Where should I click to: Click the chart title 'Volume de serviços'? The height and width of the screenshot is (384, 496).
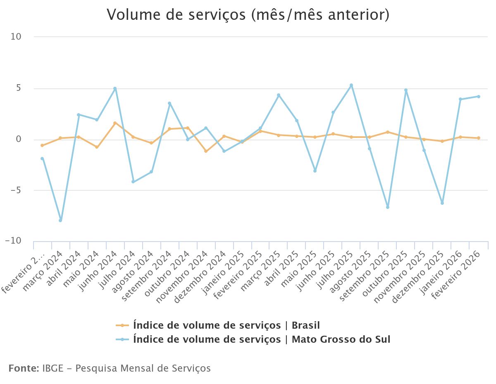click(248, 15)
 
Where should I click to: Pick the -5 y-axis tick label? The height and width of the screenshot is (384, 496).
click(16, 190)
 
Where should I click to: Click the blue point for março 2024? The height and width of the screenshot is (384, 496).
click(60, 220)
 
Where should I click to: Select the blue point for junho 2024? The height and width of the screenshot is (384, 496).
click(115, 88)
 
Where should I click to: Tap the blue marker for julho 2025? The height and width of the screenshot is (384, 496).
click(351, 85)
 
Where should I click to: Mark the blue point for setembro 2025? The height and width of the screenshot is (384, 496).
click(388, 207)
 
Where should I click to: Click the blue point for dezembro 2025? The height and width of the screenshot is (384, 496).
click(442, 203)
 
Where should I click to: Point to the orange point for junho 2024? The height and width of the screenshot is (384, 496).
click(115, 123)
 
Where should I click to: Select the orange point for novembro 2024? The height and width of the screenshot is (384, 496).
click(206, 151)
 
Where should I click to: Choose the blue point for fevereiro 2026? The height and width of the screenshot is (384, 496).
click(479, 97)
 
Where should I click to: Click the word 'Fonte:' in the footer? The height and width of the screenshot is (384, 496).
click(23, 368)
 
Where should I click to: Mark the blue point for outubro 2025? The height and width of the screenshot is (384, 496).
click(406, 90)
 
